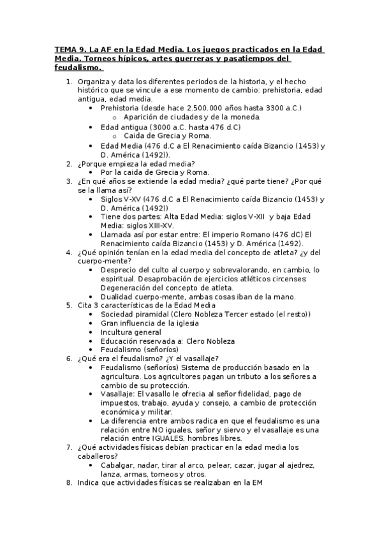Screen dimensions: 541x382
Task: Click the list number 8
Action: pos(70,483)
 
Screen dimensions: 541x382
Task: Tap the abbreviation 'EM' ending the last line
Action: pos(256,483)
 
